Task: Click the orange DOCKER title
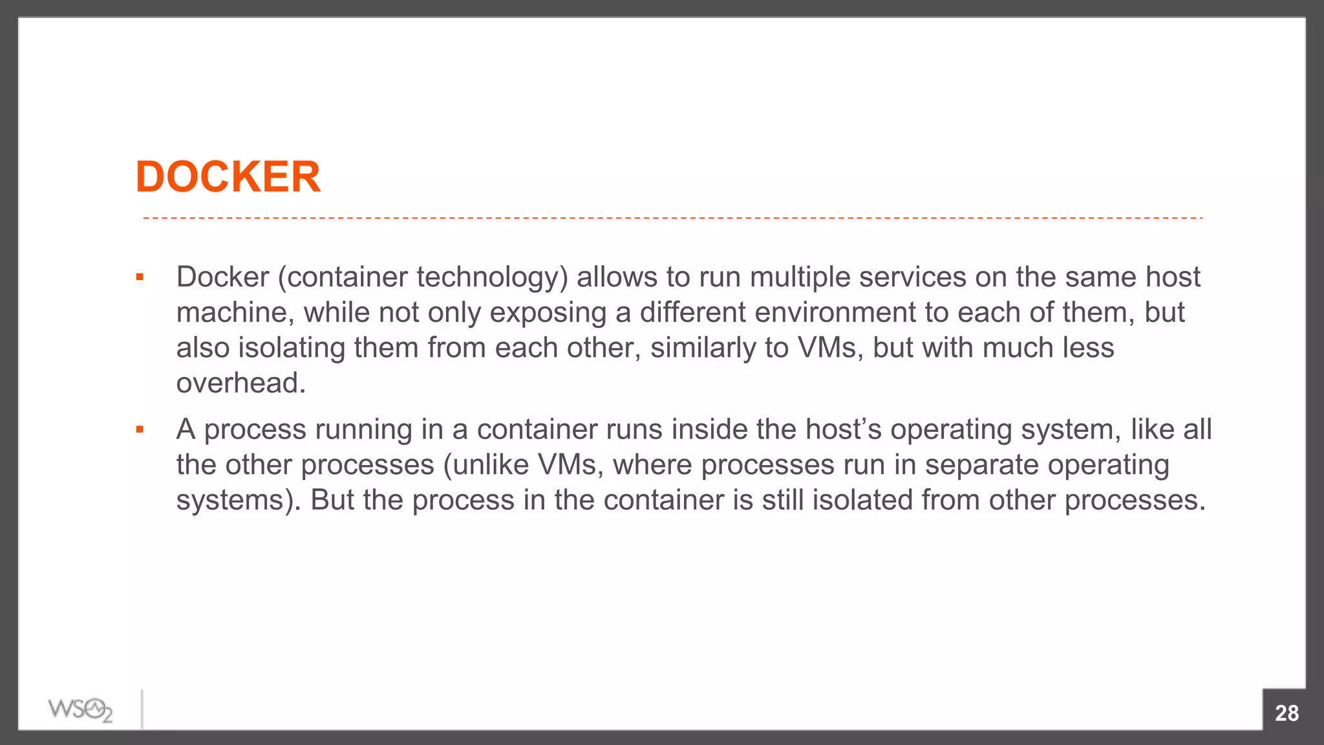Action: coord(228,177)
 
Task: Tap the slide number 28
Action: coord(1287,713)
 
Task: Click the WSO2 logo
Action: coord(80,710)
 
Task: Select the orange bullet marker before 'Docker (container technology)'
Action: coord(140,278)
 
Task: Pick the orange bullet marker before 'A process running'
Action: coord(140,430)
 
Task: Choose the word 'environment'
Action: coord(835,313)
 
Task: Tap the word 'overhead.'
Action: coord(241,383)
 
